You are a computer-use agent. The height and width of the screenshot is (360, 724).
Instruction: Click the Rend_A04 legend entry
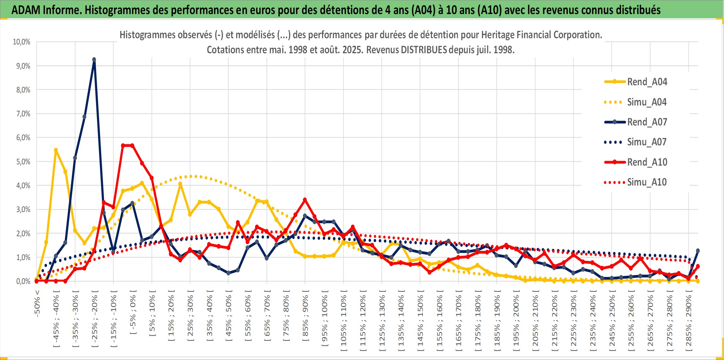coord(636,82)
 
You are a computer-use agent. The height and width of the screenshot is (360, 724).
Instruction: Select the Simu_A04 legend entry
coord(636,102)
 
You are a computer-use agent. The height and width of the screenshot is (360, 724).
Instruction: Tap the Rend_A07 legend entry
coord(636,122)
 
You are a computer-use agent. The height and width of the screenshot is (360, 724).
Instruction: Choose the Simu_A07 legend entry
coord(636,142)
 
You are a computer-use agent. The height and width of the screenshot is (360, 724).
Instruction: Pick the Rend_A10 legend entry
coord(636,162)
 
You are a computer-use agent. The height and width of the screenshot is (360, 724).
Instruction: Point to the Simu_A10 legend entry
coord(636,182)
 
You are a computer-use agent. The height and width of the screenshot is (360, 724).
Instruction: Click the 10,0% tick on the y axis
coord(22,42)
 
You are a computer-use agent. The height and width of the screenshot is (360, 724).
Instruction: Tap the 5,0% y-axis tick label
coord(23,162)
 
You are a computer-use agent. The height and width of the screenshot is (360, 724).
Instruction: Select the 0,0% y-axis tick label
coord(23,281)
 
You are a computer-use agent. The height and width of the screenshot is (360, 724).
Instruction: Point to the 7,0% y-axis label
coord(23,114)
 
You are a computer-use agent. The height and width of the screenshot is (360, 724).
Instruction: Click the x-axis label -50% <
coord(37,303)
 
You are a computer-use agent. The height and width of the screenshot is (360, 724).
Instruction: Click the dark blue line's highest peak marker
coord(94,60)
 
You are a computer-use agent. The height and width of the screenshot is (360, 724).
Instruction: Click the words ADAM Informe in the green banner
coord(46,10)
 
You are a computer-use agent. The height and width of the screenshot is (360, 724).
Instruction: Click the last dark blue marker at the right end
coord(698,251)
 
